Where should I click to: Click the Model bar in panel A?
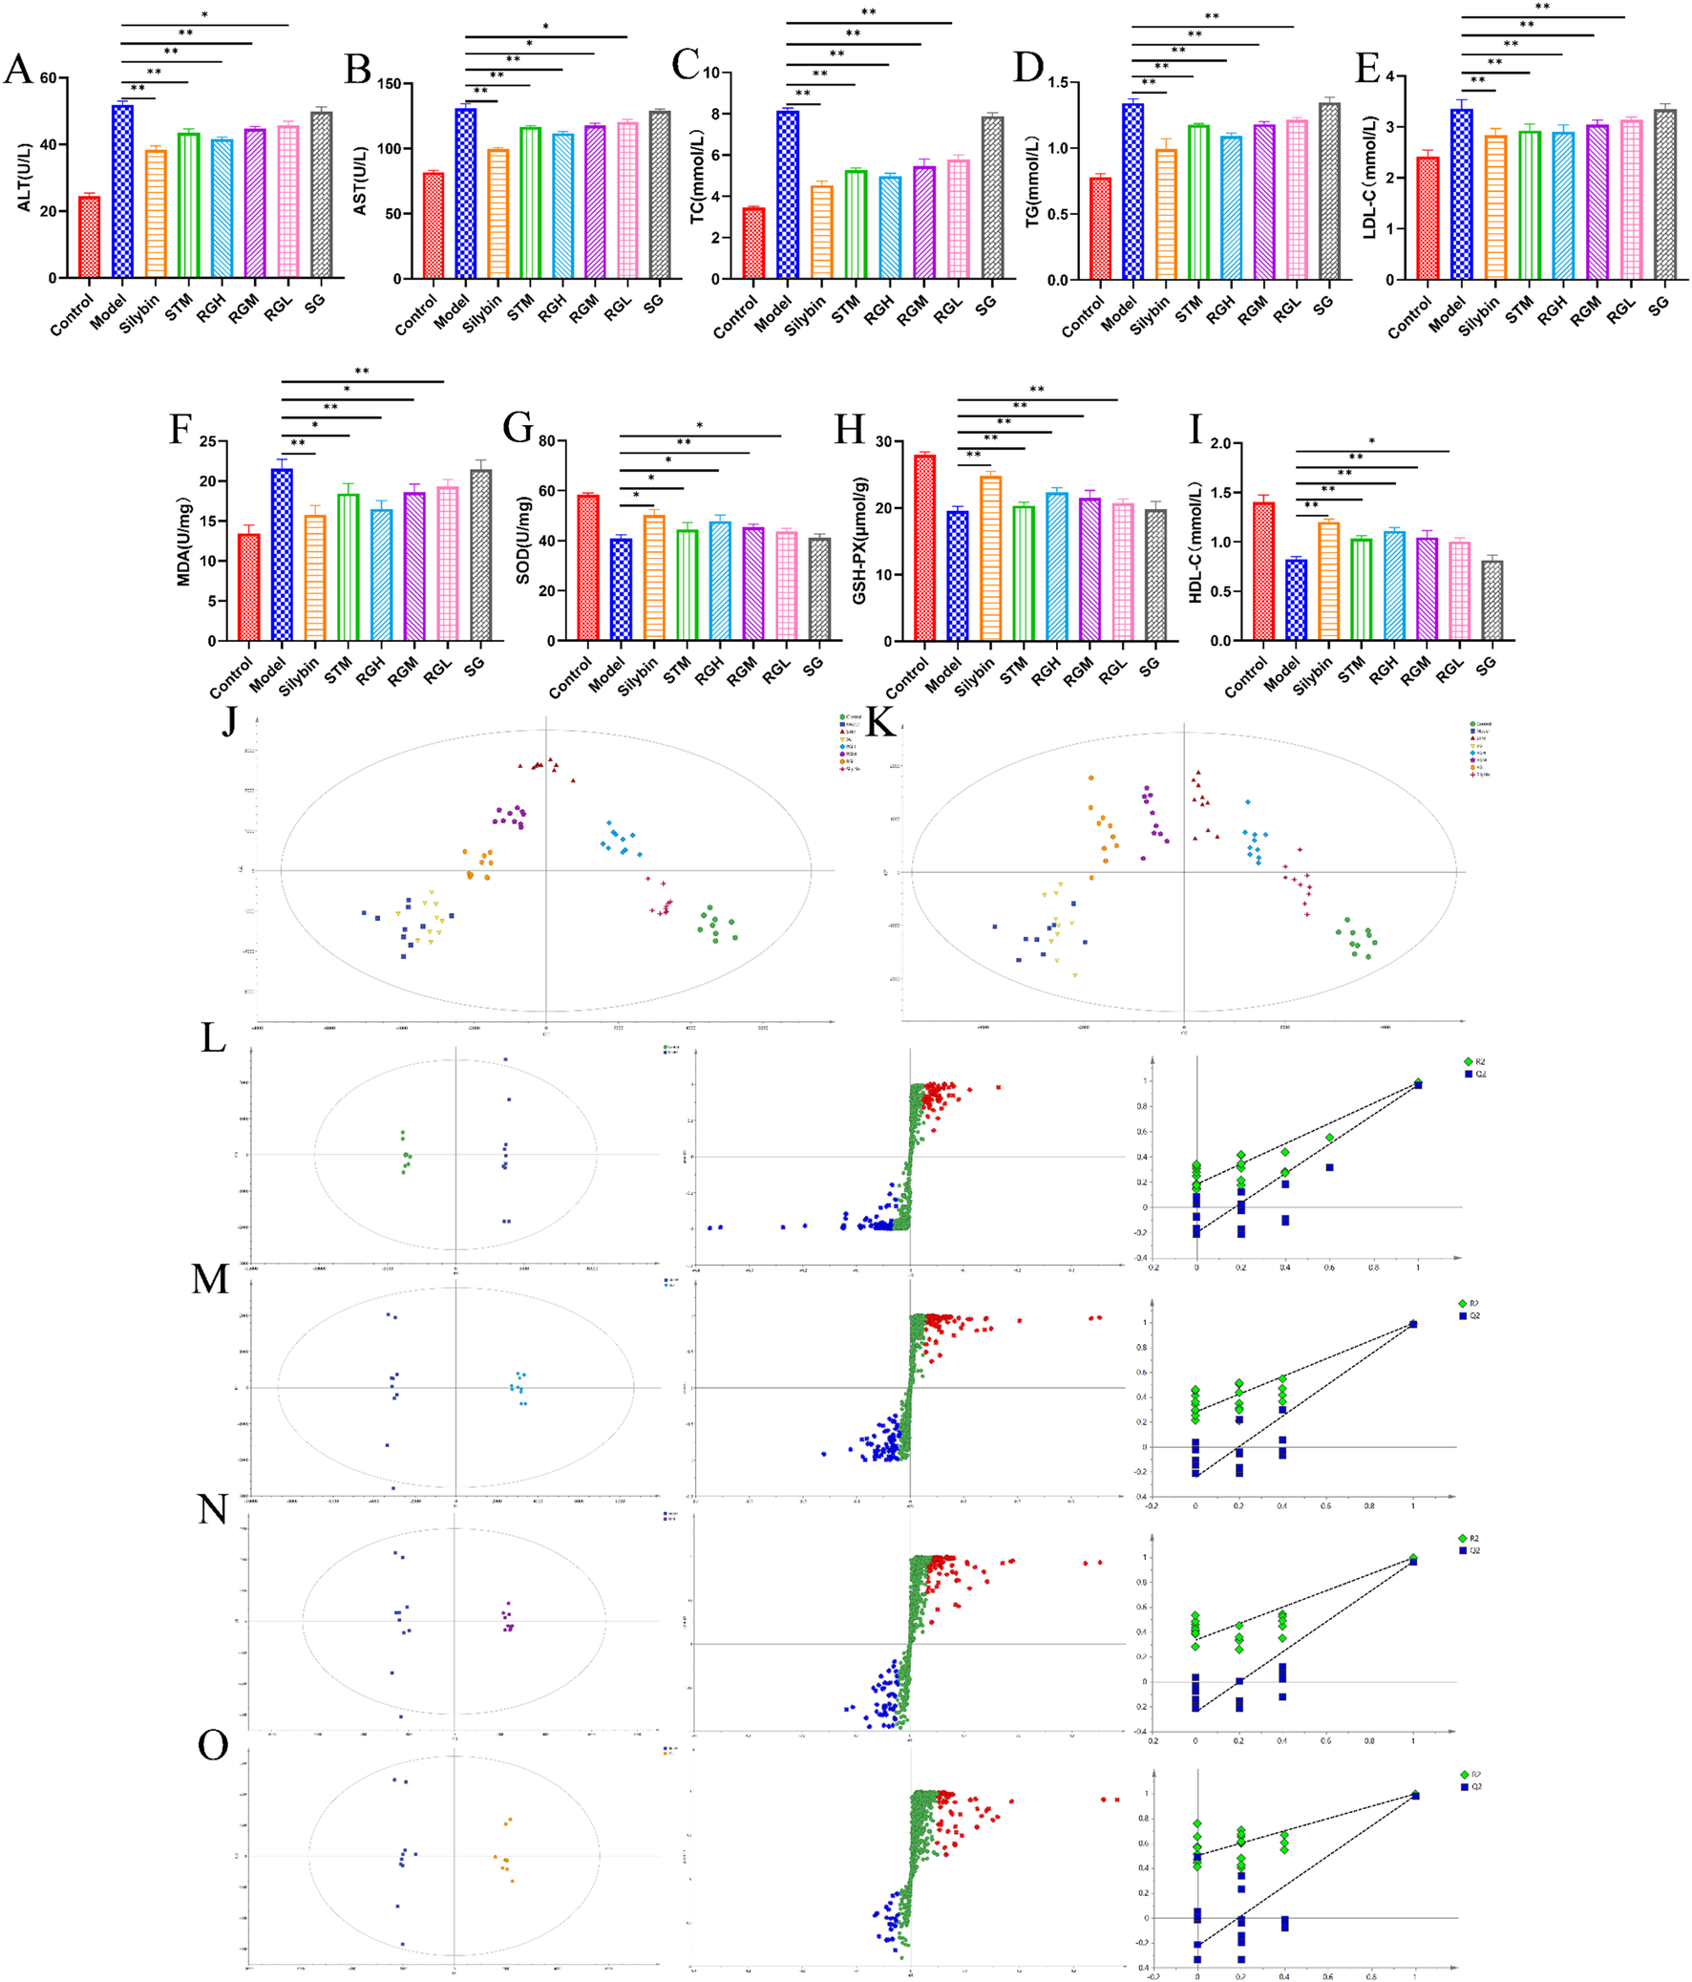coord(122,191)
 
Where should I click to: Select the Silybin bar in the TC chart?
coord(821,232)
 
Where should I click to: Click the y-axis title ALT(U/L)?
coord(25,178)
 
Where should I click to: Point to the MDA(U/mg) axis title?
coord(183,541)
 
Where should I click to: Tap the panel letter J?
coord(229,719)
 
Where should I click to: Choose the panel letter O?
coord(212,1746)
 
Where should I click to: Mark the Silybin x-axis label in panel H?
coord(975,675)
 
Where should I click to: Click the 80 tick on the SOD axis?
coord(546,441)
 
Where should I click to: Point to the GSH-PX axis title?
coord(859,541)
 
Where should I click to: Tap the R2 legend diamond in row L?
coord(1468,1062)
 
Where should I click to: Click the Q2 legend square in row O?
coord(1465,1787)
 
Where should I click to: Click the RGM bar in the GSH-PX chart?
coord(1089,569)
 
